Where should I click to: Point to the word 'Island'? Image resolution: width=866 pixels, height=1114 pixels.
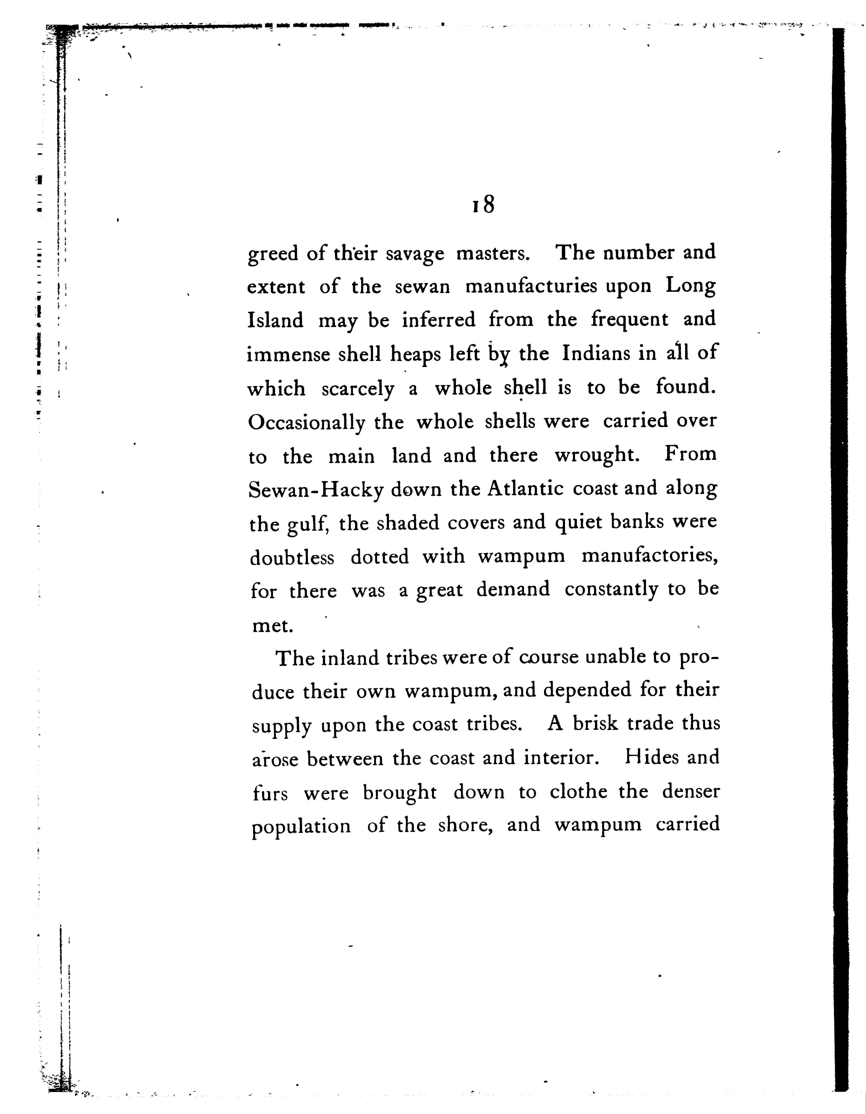pos(275,320)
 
